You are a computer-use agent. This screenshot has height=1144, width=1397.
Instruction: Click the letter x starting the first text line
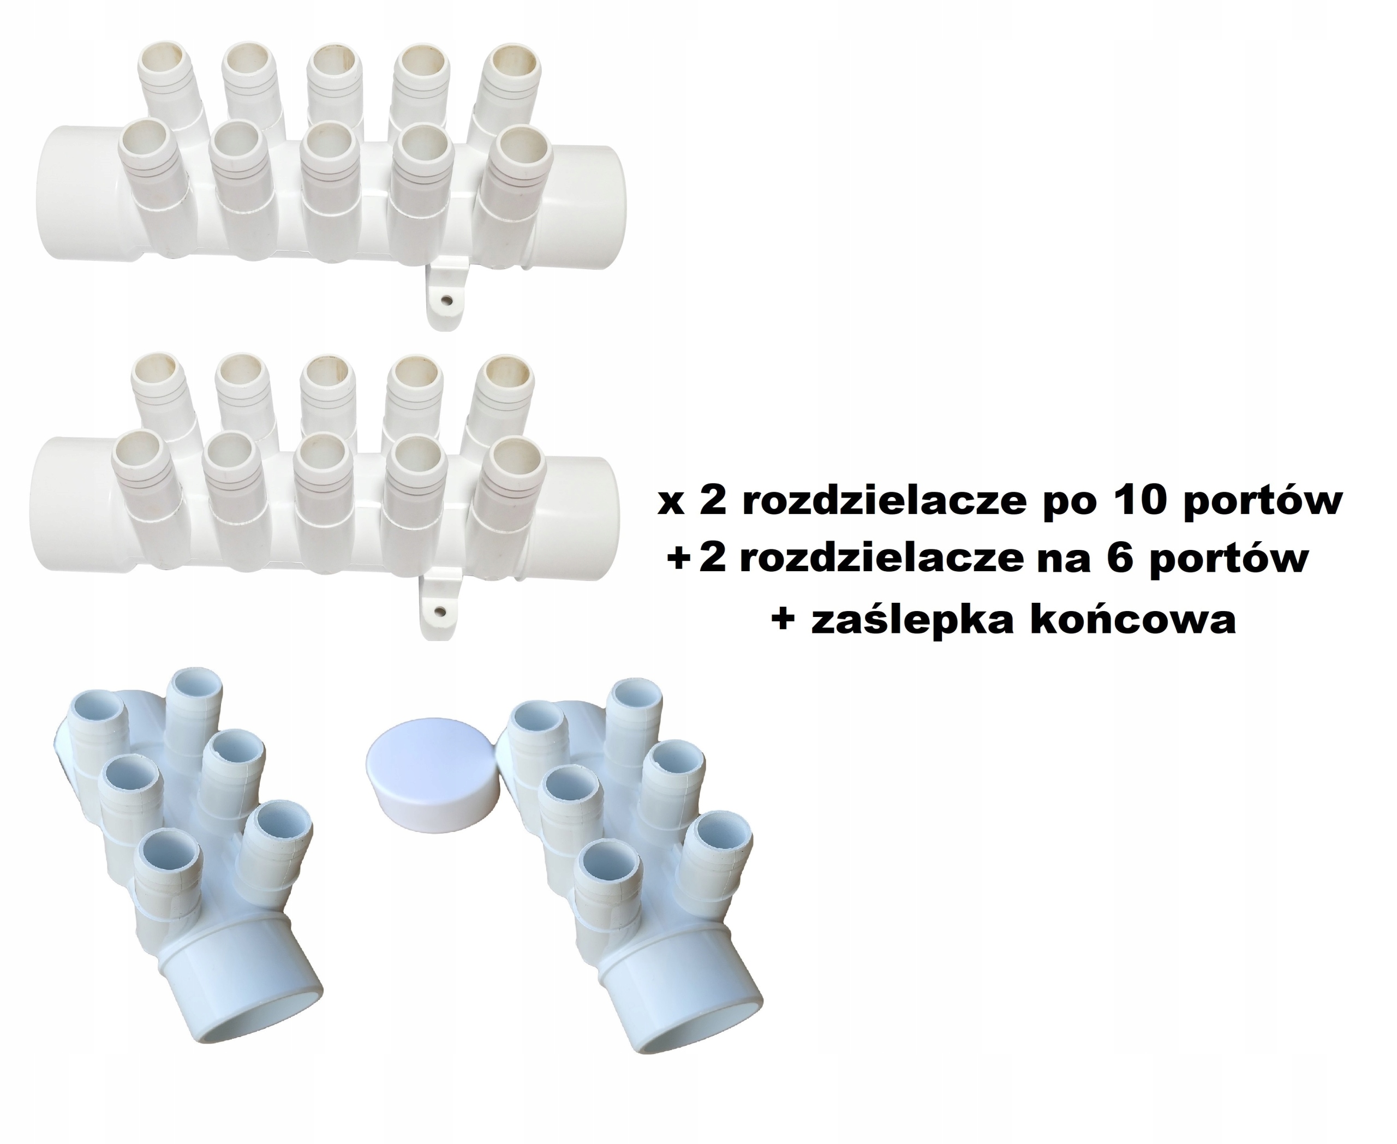coord(671,503)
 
